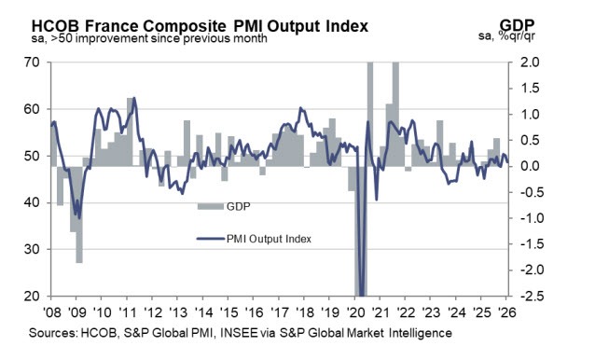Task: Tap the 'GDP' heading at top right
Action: point(550,23)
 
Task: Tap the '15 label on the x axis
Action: point(228,312)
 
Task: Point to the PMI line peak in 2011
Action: point(134,98)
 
